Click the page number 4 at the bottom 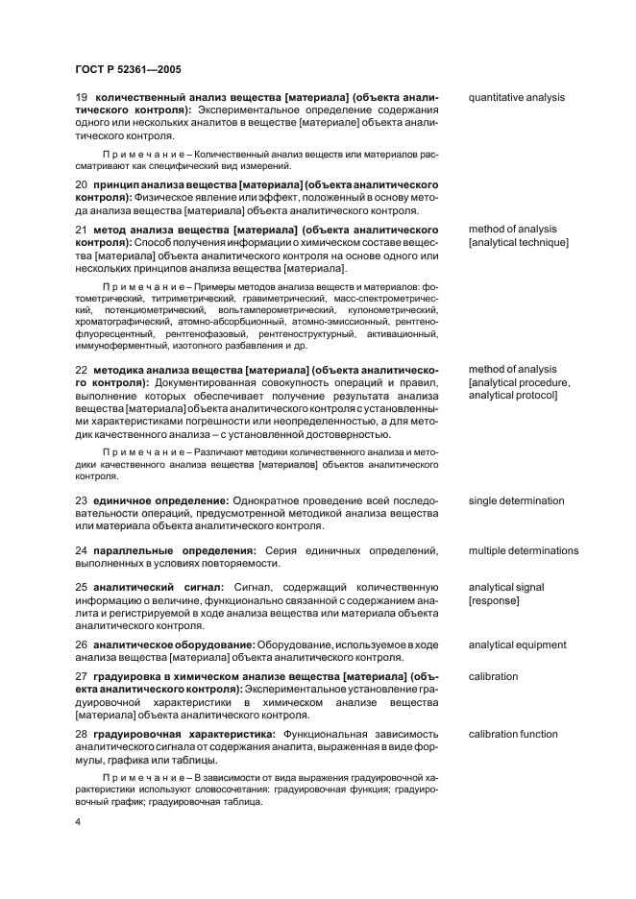pos(79,823)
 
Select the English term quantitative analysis pos(516,97)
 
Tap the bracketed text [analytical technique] pos(518,243)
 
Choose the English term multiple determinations pos(523,550)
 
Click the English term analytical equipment pos(517,644)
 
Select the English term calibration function pos(512,734)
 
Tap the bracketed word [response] pos(494,600)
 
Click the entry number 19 pos(82,97)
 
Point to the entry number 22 pos(82,369)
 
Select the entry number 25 pos(82,587)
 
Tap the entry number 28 pos(82,734)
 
